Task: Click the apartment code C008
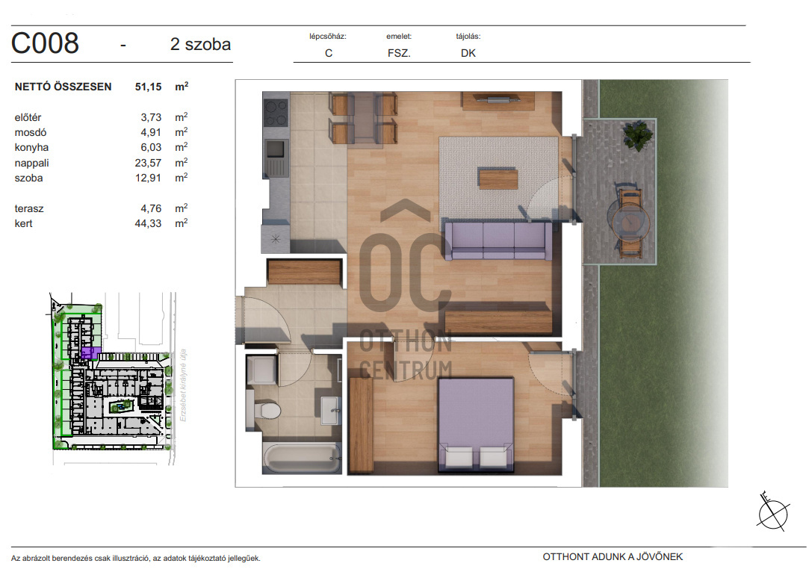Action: (45, 43)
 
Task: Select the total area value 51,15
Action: (148, 87)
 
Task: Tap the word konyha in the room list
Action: (31, 148)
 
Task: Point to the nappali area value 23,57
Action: (148, 163)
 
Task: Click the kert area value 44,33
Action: (148, 224)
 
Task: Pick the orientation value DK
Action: (468, 53)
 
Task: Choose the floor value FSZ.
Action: (399, 53)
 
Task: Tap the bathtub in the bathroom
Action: (302, 457)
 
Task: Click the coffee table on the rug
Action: (498, 178)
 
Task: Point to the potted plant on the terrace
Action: (637, 136)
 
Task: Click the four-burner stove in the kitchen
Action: (276, 113)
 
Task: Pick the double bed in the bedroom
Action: (476, 425)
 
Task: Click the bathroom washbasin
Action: (330, 410)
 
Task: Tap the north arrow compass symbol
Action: (772, 512)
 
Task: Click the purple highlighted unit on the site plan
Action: (90, 353)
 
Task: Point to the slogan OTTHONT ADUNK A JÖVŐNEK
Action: (613, 557)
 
